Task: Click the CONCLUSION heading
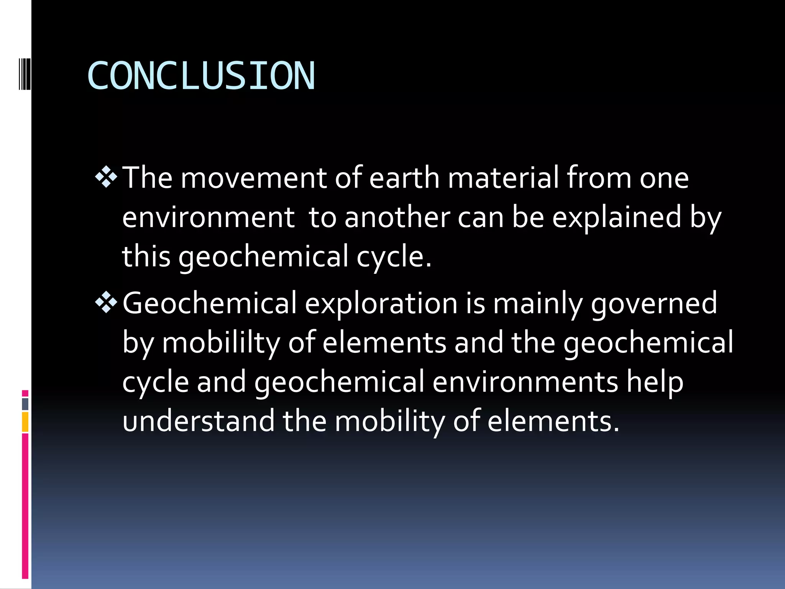pyautogui.click(x=201, y=76)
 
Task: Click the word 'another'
pyautogui.click(x=397, y=217)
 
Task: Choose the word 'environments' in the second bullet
pyautogui.click(x=525, y=382)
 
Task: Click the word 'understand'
pyautogui.click(x=198, y=421)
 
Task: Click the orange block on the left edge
pyautogui.click(x=25, y=422)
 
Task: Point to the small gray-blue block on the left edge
pyautogui.click(x=25, y=404)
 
